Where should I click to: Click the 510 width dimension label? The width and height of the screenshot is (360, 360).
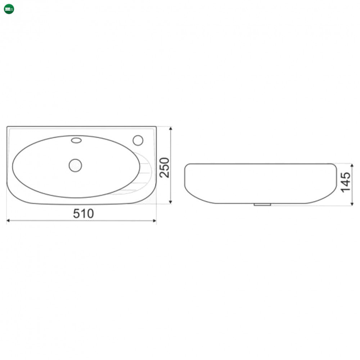(x=84, y=213)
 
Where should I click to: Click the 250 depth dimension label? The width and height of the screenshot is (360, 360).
(x=165, y=168)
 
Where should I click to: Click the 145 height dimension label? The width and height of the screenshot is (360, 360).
(x=346, y=183)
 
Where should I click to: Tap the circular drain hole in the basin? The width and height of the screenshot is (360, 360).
(x=75, y=165)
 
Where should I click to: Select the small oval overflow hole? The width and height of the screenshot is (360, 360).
(x=76, y=140)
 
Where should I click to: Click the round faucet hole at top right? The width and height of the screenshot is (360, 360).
(x=138, y=140)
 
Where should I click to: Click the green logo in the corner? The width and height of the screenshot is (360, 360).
(x=9, y=9)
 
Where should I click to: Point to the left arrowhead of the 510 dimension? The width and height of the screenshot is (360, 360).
(x=8, y=221)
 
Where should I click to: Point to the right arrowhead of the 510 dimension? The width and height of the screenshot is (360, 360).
(x=155, y=221)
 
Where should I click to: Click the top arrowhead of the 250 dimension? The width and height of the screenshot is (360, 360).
(x=171, y=129)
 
